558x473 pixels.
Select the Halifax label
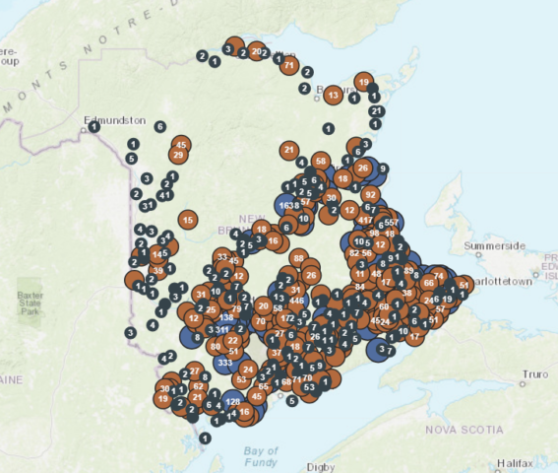(517, 462)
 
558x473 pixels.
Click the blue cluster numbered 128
(233, 402)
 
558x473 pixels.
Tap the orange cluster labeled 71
(288, 66)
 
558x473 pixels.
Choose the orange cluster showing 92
(370, 195)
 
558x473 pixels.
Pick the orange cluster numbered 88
(299, 258)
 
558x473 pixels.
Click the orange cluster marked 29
(178, 155)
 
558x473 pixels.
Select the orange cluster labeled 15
(187, 220)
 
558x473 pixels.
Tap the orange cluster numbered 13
(333, 96)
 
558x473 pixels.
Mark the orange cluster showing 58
(320, 162)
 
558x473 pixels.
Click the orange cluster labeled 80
(215, 346)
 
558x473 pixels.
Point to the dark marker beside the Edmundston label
(93, 127)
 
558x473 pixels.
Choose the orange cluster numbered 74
(438, 277)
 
